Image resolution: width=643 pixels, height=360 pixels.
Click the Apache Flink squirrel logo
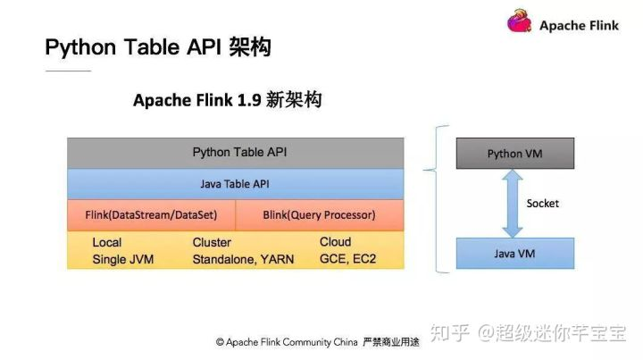(520, 21)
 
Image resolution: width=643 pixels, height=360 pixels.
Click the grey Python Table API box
(236, 153)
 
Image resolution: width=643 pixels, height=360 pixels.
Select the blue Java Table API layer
(236, 184)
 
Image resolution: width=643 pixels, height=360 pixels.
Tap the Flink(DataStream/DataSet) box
(151, 215)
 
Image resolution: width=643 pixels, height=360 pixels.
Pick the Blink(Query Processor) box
(320, 215)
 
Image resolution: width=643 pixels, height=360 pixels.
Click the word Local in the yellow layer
(107, 242)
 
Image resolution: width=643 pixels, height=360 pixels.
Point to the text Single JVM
(123, 259)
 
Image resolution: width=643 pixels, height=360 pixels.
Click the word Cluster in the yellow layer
(212, 242)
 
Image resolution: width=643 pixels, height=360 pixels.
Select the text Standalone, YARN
(243, 259)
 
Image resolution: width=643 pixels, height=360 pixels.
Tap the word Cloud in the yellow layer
(336, 242)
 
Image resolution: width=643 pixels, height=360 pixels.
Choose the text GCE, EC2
(347, 259)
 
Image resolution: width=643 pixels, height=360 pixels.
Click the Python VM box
(515, 154)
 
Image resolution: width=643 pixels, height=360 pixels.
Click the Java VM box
(515, 254)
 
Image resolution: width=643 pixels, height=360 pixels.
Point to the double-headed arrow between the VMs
(513, 204)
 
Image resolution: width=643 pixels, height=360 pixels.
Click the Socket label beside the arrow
(543, 204)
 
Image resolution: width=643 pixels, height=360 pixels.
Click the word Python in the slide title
(80, 47)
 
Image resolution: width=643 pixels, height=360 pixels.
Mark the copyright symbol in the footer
(220, 342)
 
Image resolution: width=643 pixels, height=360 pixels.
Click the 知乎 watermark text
(450, 332)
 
